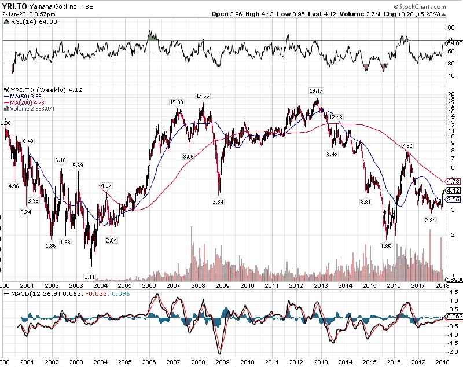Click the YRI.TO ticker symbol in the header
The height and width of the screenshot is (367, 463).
pos(13,6)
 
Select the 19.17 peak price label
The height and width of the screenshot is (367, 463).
pos(316,91)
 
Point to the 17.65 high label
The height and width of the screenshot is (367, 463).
pos(202,96)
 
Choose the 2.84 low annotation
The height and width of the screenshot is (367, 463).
pos(430,221)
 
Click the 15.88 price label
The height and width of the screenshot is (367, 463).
pos(176,102)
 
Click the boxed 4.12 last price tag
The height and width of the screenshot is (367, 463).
pos(453,190)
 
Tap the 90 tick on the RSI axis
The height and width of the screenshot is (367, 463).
pos(450,28)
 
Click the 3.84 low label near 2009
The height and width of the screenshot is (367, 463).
pos(218,201)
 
